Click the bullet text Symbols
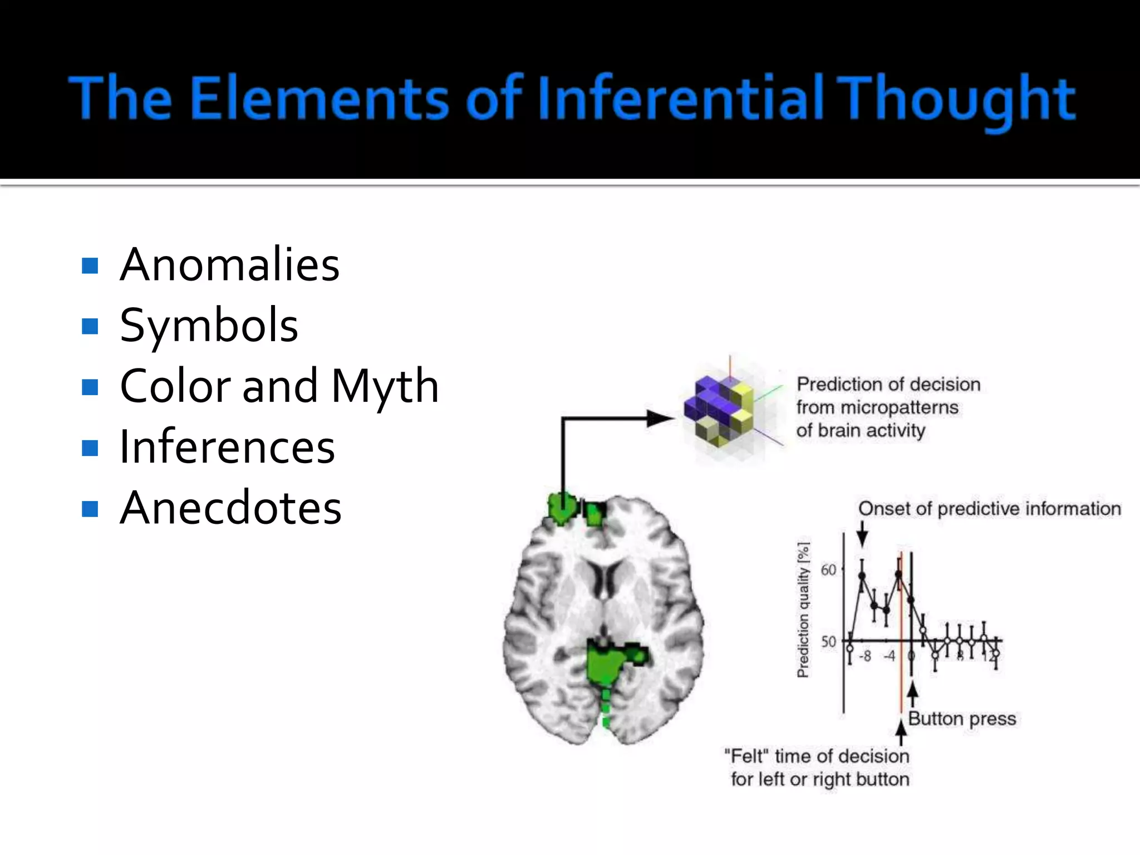pyautogui.click(x=209, y=326)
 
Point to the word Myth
pyautogui.click(x=385, y=386)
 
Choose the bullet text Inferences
pyautogui.click(x=227, y=447)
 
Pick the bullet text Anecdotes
pyautogui.click(x=230, y=508)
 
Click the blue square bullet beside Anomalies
pyautogui.click(x=90, y=266)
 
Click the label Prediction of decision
pyautogui.click(x=888, y=384)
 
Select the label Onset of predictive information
pyautogui.click(x=989, y=509)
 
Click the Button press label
pyautogui.click(x=962, y=719)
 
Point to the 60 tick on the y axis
pyautogui.click(x=829, y=569)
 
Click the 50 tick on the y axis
pyautogui.click(x=829, y=641)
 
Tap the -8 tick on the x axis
pyautogui.click(x=864, y=656)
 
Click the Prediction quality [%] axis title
pyautogui.click(x=803, y=610)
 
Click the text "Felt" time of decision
pyautogui.click(x=817, y=756)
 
